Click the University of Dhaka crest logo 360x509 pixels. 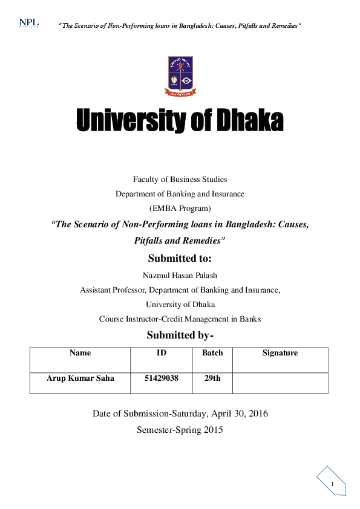point(180,77)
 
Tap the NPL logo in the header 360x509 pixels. point(28,23)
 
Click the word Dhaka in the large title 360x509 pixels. point(250,122)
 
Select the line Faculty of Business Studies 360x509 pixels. point(180,179)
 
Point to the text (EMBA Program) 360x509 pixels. point(180,209)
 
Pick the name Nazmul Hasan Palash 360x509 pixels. point(180,275)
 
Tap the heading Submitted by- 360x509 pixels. point(180,336)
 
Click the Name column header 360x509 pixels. point(80,353)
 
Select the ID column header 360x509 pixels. point(161,353)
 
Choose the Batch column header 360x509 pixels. point(212,353)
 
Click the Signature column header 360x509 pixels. point(280,353)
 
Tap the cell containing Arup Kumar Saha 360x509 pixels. point(80,378)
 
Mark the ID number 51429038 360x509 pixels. point(161,378)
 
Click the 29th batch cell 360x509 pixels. point(212,378)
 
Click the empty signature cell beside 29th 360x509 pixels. point(280,383)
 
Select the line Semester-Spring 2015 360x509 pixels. point(180,430)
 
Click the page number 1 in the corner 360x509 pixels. point(332,485)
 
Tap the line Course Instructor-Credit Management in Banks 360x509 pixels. point(180,319)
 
